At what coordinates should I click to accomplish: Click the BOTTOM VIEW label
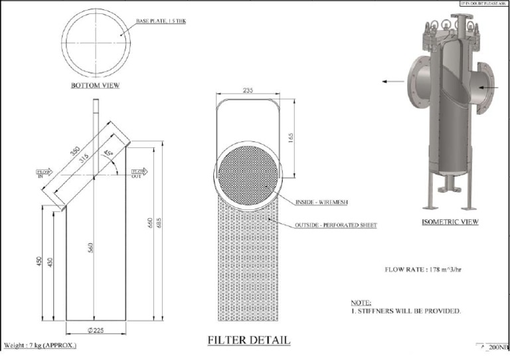pos(96,86)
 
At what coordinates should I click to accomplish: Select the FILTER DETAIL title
pos(249,340)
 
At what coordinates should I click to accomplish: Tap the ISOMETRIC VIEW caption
pos(450,222)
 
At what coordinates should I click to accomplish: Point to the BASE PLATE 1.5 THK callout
pos(161,21)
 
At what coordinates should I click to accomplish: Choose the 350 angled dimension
pos(74,149)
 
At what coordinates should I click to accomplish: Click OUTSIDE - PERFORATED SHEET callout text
pos(335,226)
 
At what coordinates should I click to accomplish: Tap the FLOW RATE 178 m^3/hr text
pos(424,270)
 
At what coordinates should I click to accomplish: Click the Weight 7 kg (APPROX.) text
pos(40,345)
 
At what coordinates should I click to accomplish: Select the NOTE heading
pos(361,302)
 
